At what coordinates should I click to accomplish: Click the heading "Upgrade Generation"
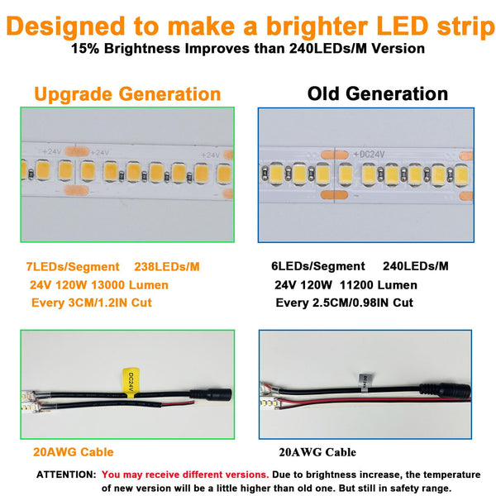click(127, 93)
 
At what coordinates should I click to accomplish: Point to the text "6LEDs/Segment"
click(318, 266)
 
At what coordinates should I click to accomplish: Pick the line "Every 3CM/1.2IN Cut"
click(90, 303)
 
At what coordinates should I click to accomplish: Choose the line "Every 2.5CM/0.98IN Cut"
click(344, 303)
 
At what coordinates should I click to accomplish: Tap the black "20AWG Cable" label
click(317, 452)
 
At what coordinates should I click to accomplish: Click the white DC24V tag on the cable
click(364, 379)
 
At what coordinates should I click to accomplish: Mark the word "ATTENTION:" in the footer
click(66, 475)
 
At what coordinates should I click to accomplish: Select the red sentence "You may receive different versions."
click(185, 475)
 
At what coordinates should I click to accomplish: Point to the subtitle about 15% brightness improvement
click(248, 48)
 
